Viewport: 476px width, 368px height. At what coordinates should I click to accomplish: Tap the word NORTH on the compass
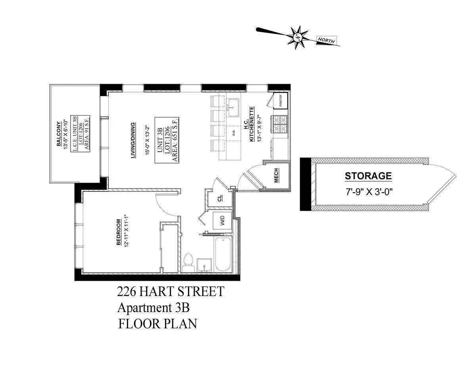326,40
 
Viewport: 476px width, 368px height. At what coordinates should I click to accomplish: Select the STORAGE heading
368,176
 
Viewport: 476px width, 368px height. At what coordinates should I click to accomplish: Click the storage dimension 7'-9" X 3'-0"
369,191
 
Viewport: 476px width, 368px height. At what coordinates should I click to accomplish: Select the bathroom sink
205,265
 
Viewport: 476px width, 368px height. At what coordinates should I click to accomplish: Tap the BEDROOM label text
119,237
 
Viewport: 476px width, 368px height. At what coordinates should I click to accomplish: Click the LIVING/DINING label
134,140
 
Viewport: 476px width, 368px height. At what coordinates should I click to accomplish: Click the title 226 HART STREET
170,292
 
